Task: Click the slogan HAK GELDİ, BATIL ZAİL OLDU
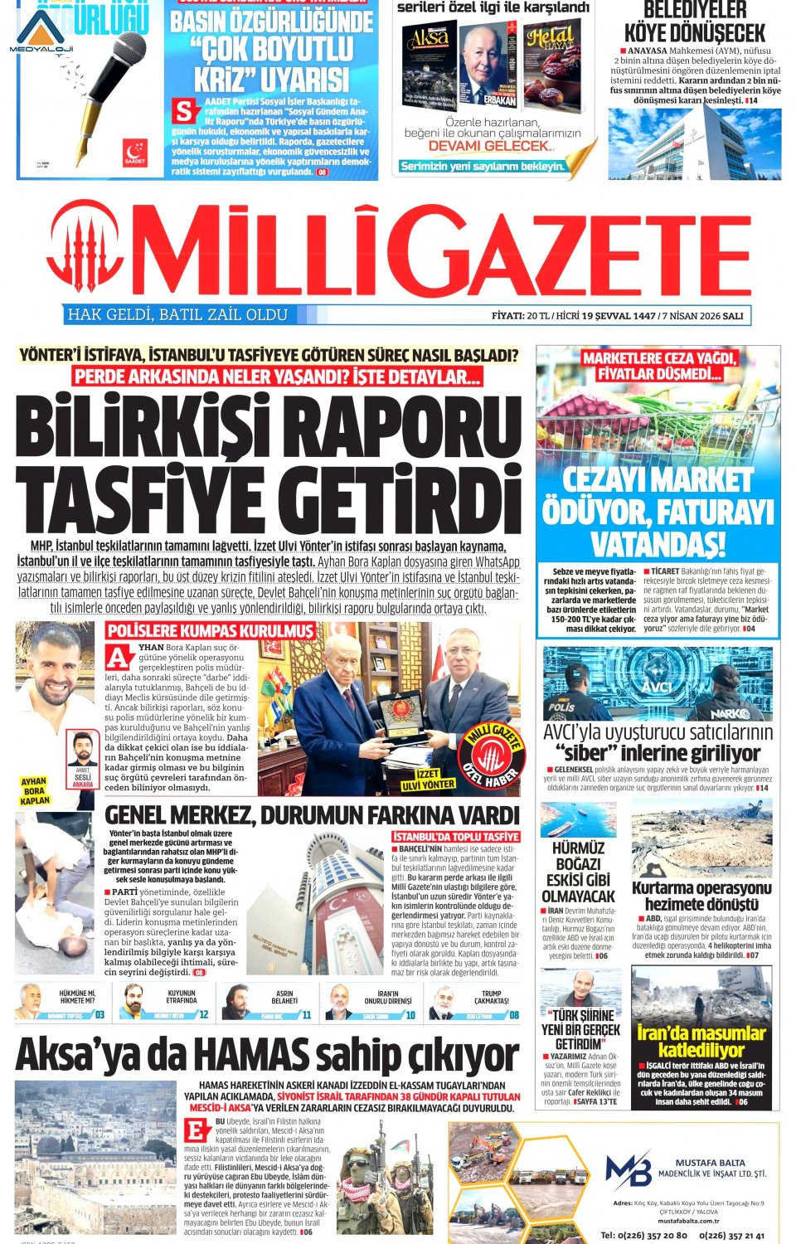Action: (177, 315)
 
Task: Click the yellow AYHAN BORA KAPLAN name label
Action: (34, 791)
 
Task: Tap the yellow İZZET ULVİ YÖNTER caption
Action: (428, 779)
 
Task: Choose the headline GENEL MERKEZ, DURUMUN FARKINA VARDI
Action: (312, 815)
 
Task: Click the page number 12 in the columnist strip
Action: (203, 1014)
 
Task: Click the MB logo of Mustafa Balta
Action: (628, 1170)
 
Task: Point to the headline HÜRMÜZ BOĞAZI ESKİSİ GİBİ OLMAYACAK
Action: (578, 872)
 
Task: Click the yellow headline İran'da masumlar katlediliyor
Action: (701, 1041)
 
